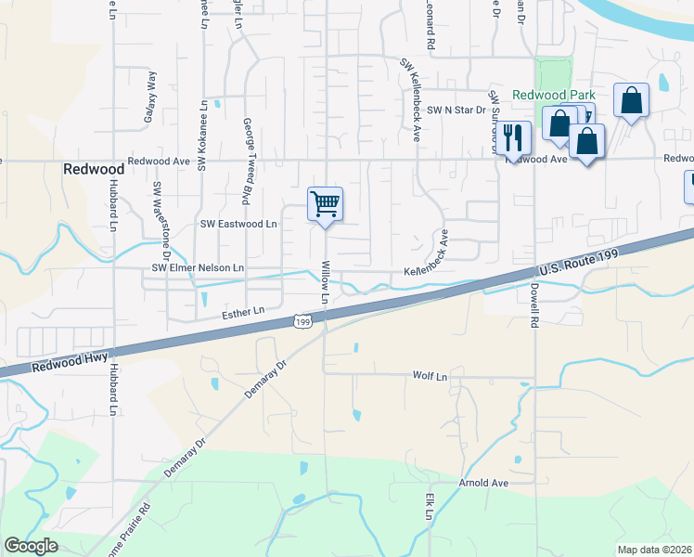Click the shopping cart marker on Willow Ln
pos(325,203)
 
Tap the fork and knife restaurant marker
pos(512,136)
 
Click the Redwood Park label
pos(555,96)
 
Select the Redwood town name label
pos(94,169)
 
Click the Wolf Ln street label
pos(430,376)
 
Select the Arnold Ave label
pos(484,484)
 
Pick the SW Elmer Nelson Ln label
pos(198,268)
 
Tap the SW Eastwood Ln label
pos(239,224)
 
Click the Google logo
pos(32,546)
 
